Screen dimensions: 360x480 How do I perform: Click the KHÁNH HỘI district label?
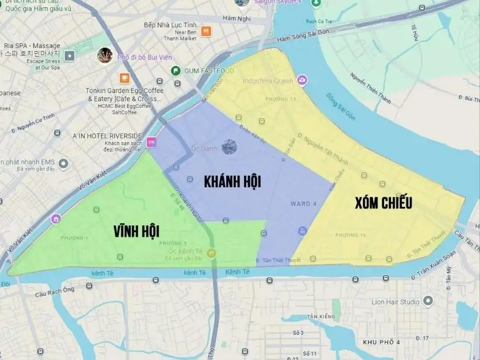tap(233, 181)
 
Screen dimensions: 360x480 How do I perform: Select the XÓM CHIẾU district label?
tap(383, 203)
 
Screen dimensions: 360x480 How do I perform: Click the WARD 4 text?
tap(303, 203)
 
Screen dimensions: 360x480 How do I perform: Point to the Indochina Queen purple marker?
tap(302, 80)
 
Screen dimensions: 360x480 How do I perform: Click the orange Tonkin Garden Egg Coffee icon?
tap(124, 77)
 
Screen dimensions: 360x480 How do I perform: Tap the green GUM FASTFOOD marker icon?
tap(176, 71)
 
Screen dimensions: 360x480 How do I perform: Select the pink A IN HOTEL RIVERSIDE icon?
tap(152, 143)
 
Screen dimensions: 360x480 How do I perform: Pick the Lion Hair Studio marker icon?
tap(427, 301)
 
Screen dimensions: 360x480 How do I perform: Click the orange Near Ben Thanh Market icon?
tap(206, 31)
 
